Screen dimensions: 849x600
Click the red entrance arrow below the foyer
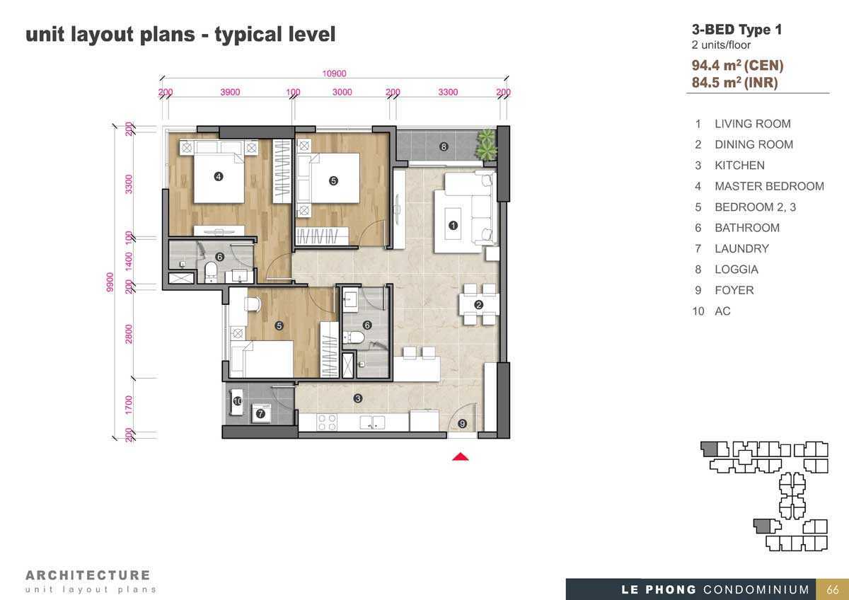tap(460, 457)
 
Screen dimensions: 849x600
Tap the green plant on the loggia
tap(486, 144)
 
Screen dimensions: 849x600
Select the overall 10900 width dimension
tap(334, 73)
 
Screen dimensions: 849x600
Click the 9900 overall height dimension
tap(110, 282)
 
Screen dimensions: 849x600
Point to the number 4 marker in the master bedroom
tap(219, 176)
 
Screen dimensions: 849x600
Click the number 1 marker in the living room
tap(453, 226)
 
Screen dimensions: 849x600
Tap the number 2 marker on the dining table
tap(478, 304)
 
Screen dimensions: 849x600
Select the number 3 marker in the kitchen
tap(357, 398)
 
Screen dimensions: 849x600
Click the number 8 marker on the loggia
tap(444, 146)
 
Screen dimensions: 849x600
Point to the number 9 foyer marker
tap(462, 423)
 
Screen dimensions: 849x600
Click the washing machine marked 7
tap(262, 413)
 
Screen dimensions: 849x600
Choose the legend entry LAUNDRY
tap(741, 248)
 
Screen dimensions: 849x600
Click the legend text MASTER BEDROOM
tap(770, 186)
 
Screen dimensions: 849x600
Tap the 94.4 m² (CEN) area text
tap(737, 65)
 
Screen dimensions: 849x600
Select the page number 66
tap(833, 590)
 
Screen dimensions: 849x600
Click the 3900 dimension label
tap(230, 92)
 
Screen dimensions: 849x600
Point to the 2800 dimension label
tap(129, 334)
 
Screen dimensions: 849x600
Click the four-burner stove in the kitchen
tap(327, 422)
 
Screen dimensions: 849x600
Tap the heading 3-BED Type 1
tap(737, 30)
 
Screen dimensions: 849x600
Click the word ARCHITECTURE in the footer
tap(88, 575)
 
